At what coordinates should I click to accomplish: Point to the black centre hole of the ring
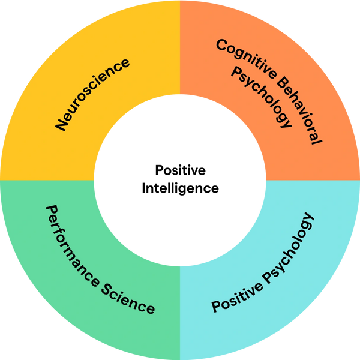(x=180, y=180)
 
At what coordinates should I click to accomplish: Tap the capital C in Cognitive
(x=221, y=46)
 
